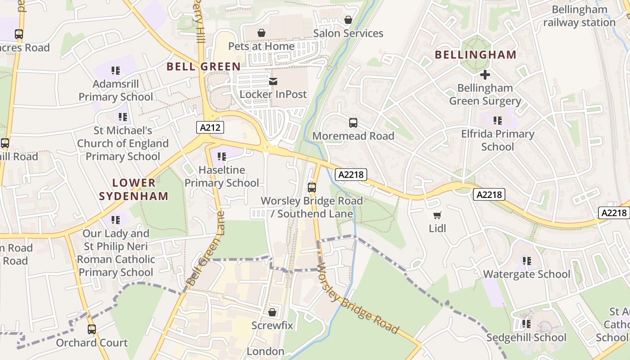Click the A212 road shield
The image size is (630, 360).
click(x=210, y=127)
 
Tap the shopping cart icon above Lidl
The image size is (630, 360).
click(x=437, y=216)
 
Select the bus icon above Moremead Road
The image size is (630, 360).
click(x=353, y=122)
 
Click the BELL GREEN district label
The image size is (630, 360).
click(x=203, y=67)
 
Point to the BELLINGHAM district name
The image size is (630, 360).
click(x=475, y=55)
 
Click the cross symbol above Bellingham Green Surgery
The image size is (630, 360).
click(x=485, y=75)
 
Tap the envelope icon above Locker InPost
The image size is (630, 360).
click(x=273, y=81)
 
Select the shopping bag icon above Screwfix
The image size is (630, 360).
click(x=272, y=312)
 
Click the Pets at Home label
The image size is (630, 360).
click(x=261, y=46)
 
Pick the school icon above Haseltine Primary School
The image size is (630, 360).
click(x=221, y=157)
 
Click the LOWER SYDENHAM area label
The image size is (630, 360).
click(x=134, y=189)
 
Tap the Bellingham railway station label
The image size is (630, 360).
click(x=579, y=16)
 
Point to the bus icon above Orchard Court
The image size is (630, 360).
click(x=92, y=329)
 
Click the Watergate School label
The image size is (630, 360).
click(x=526, y=274)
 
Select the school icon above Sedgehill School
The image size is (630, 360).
click(x=526, y=324)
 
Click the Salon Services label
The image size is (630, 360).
click(x=348, y=33)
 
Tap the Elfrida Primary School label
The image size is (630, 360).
click(x=497, y=140)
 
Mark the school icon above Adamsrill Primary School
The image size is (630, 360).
click(x=116, y=71)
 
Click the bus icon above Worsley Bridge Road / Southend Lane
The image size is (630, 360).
click(x=312, y=188)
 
